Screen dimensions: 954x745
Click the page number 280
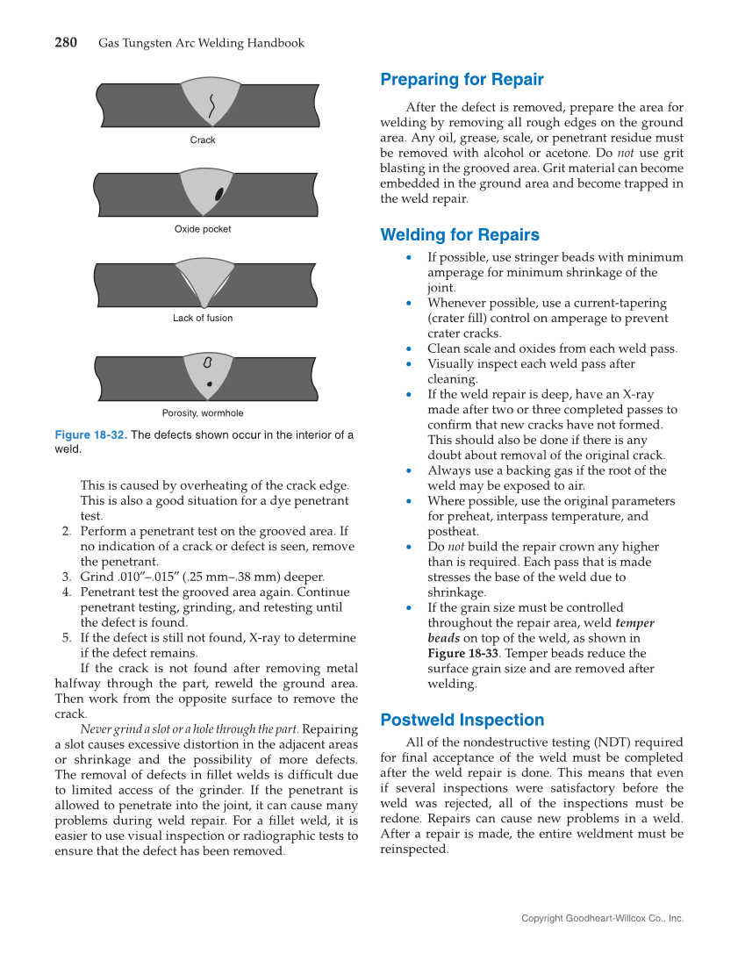point(66,42)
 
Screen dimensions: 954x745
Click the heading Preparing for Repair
point(462,80)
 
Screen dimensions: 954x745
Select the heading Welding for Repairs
point(459,235)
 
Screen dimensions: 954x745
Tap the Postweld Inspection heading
point(462,721)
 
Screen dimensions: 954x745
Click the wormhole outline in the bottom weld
point(208,362)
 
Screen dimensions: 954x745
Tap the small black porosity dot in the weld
point(209,384)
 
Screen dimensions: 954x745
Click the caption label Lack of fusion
point(203,319)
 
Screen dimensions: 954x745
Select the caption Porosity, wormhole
point(203,413)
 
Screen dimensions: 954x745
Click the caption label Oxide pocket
point(203,229)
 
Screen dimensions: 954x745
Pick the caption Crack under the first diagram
point(203,140)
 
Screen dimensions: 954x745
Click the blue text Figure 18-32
point(90,435)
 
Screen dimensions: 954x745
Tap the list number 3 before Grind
point(66,577)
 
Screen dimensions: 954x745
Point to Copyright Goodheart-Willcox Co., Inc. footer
point(602,918)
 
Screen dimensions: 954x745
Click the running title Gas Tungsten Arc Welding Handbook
point(201,43)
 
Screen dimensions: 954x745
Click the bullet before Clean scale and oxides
point(409,349)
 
